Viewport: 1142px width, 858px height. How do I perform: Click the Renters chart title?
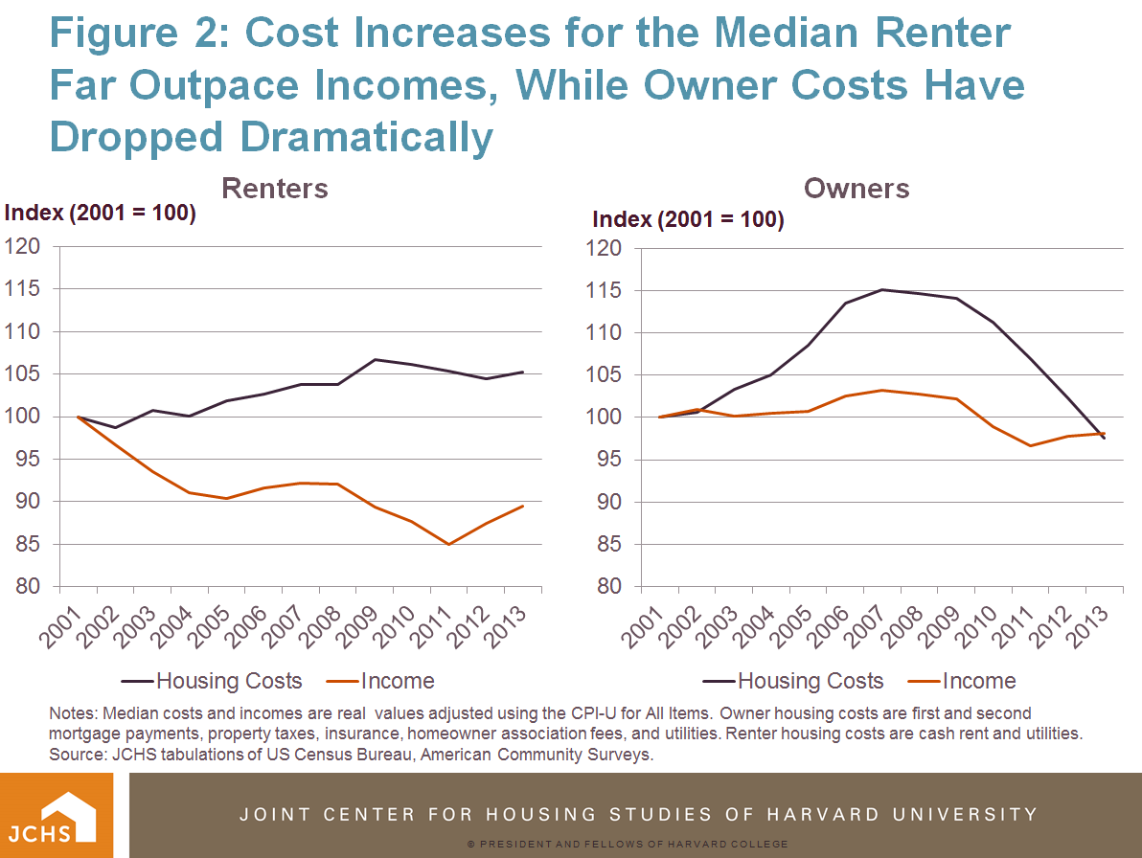[274, 188]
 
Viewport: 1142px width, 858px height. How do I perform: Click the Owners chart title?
[856, 188]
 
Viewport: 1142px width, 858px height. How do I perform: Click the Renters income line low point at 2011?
[448, 544]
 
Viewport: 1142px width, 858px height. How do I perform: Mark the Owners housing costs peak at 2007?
[881, 289]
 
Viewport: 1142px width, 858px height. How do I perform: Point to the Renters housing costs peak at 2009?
[375, 359]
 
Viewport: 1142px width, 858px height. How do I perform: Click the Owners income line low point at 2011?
[1030, 445]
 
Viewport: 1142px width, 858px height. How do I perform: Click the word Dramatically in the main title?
[367, 137]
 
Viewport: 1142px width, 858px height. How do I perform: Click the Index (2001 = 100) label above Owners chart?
[688, 219]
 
